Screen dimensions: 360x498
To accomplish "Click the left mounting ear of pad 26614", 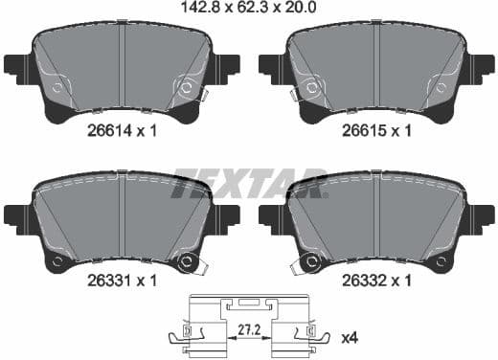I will [x=14, y=68].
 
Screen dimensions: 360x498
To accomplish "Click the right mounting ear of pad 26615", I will [x=484, y=68].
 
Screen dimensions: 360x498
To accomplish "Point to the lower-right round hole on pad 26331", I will [x=188, y=261].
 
